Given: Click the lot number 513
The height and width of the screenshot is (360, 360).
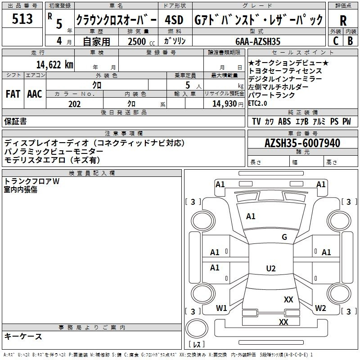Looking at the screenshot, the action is tap(22, 18).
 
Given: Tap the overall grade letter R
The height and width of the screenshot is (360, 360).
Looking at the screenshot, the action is tap(343, 20).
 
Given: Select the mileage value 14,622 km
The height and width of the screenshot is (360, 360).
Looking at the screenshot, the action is tap(55, 65).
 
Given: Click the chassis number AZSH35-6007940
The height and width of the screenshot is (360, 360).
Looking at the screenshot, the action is tap(302, 143).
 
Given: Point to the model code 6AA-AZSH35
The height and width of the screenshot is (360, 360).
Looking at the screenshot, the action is tap(258, 41).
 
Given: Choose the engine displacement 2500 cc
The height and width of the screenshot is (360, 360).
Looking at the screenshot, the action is tap(141, 41).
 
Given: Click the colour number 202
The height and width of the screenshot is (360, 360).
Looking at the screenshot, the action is tap(75, 104).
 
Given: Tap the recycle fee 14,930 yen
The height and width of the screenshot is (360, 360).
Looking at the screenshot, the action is tap(228, 104).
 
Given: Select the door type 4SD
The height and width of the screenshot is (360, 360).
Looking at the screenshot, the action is tap(174, 20).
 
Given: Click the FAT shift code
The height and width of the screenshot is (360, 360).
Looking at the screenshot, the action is tap(13, 94).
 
